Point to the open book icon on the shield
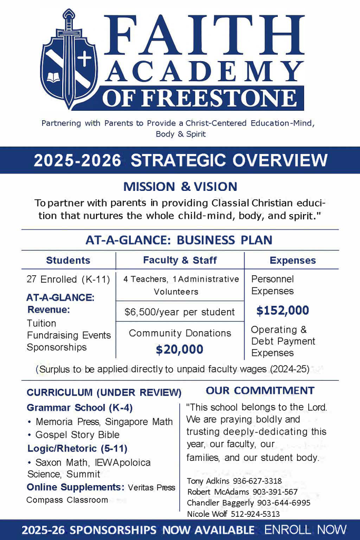(x=54, y=78)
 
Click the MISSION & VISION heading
(x=180, y=187)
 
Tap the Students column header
(x=68, y=261)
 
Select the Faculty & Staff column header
(x=180, y=260)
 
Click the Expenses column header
(x=293, y=261)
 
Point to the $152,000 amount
(x=283, y=311)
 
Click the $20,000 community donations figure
(x=180, y=349)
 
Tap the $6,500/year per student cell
(x=180, y=312)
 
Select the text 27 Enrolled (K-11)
(x=68, y=279)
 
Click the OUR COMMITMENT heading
(x=260, y=391)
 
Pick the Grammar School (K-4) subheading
(x=80, y=408)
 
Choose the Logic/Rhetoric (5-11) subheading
(x=77, y=449)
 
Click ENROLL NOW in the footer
(x=306, y=529)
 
